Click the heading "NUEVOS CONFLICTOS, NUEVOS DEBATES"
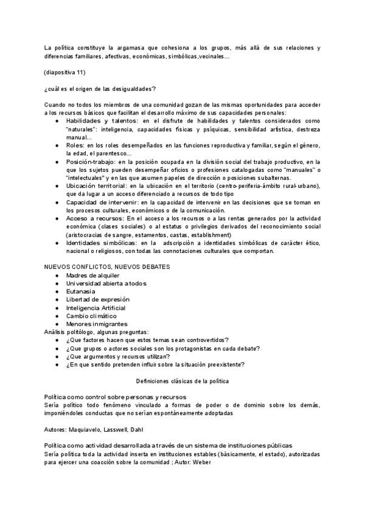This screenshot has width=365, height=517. [x=107, y=266]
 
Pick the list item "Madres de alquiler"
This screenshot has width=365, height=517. [x=93, y=275]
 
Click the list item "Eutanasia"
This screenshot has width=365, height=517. [x=81, y=291]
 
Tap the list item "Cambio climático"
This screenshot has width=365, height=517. [x=91, y=316]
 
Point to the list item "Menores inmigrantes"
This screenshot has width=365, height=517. [x=97, y=324]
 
